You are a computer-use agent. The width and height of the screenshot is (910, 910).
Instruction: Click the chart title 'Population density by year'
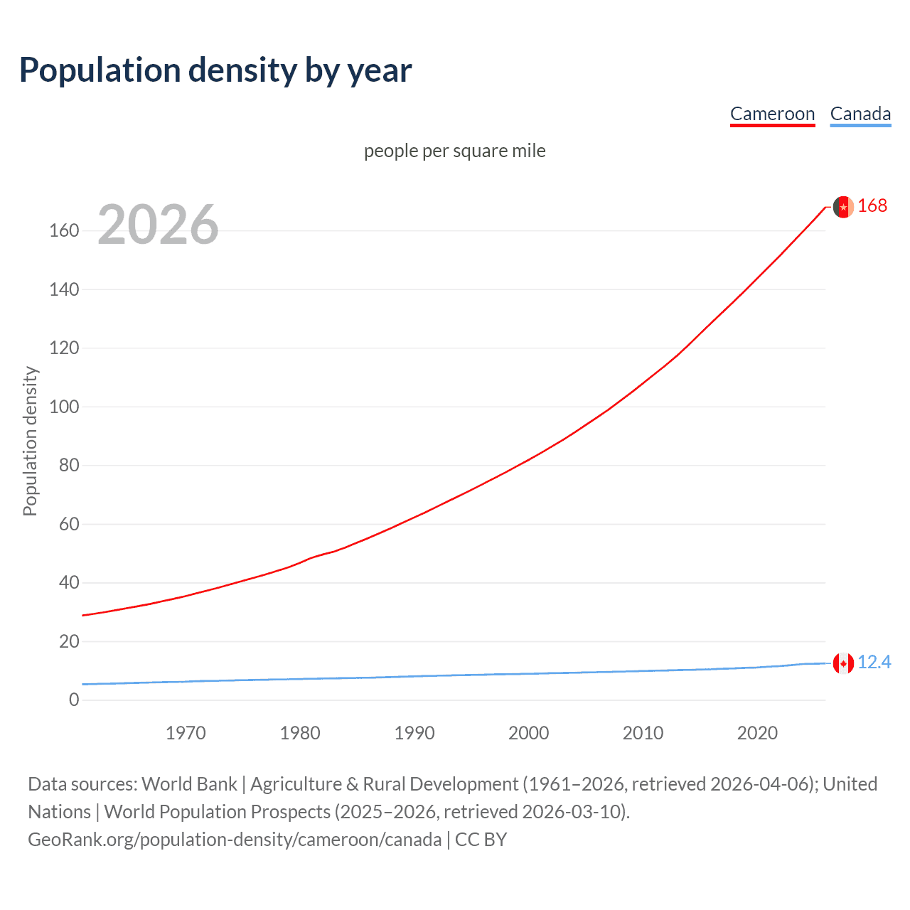[x=215, y=70]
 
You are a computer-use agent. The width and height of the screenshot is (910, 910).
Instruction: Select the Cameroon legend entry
[x=772, y=114]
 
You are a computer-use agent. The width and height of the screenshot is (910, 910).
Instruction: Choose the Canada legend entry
[x=860, y=114]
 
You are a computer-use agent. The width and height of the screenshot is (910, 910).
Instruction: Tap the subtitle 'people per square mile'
[x=455, y=151]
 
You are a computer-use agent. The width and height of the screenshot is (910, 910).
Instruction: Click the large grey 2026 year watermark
[x=158, y=225]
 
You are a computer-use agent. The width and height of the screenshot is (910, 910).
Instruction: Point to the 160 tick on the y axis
[x=64, y=231]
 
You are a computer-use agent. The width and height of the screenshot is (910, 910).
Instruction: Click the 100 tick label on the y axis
[x=64, y=407]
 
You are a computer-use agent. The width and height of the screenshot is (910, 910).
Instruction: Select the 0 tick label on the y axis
[x=74, y=700]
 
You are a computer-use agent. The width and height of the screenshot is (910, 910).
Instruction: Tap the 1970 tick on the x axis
[x=186, y=733]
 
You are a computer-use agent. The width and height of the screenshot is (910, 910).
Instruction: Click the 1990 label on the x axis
[x=414, y=733]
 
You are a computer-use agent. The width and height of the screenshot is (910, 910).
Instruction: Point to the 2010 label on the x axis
[x=643, y=733]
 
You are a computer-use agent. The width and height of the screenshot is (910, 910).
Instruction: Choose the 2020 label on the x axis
[x=757, y=733]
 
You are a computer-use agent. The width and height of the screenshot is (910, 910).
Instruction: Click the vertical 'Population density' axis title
[x=30, y=441]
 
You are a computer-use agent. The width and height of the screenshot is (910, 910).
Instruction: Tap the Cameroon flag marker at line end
[x=843, y=207]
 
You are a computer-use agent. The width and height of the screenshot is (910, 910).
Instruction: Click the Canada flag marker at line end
[x=843, y=663]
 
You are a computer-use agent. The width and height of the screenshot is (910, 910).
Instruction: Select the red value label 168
[x=872, y=206]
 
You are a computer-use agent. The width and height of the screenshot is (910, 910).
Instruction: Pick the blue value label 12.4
[x=874, y=663]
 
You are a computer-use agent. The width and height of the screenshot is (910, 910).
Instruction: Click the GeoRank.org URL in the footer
[x=235, y=840]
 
